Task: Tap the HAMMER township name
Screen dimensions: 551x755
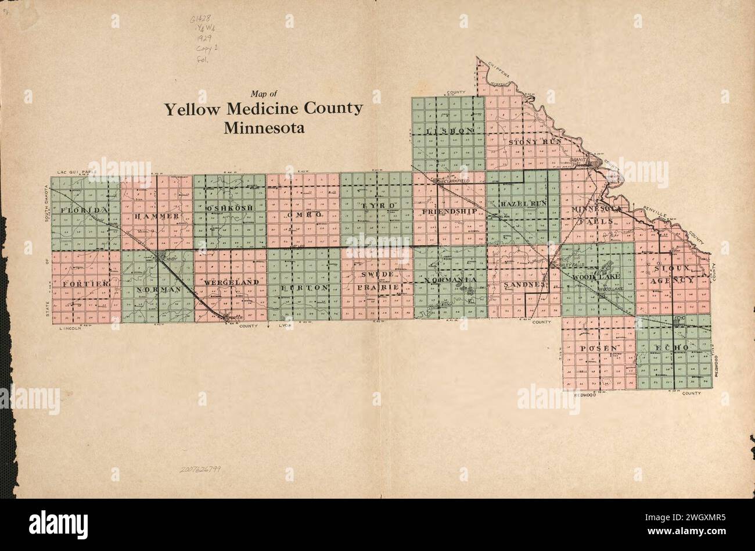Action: [x=156, y=216]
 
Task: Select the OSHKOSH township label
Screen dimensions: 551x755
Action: [x=229, y=207]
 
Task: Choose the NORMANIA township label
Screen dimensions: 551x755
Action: [x=450, y=280]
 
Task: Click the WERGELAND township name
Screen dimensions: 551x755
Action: [x=231, y=282]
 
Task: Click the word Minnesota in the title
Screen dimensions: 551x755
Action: [x=264, y=127]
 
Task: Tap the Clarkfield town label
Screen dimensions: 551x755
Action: [x=456, y=181]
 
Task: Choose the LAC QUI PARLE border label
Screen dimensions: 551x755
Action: [x=76, y=173]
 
